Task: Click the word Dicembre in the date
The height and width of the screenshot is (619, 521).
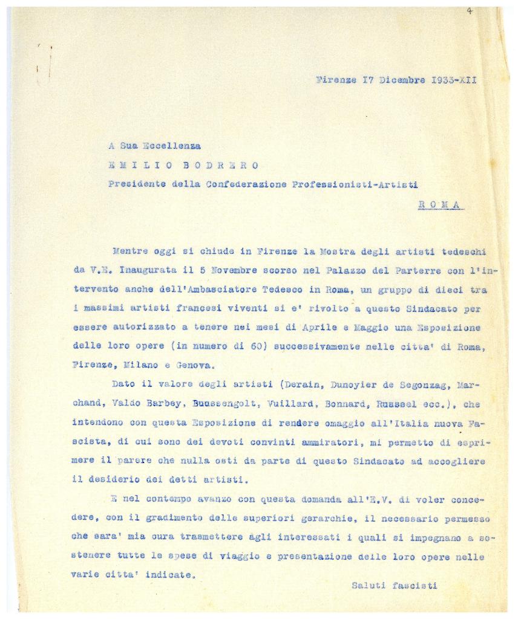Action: click(x=402, y=80)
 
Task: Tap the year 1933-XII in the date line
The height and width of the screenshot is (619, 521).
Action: click(x=454, y=80)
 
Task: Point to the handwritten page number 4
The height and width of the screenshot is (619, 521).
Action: click(x=470, y=10)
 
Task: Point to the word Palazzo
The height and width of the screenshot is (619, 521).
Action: click(x=315, y=270)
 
